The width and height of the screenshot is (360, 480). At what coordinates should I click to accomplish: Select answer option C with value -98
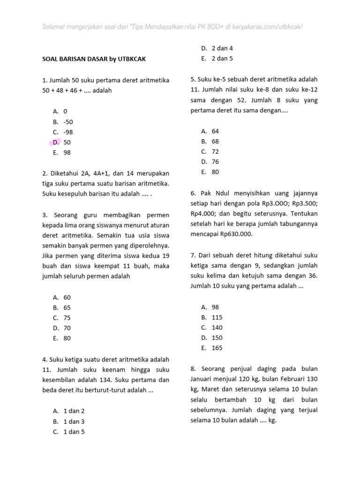click(63, 132)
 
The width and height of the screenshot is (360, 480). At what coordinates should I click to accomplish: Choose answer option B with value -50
click(63, 121)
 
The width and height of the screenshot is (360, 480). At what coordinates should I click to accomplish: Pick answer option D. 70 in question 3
click(62, 328)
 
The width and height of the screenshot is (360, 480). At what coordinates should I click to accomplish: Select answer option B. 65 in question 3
click(62, 307)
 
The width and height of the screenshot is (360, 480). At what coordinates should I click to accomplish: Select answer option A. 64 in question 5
click(210, 131)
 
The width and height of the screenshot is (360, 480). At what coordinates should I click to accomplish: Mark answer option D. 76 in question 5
click(210, 162)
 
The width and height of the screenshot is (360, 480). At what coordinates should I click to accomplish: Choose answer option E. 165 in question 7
click(212, 348)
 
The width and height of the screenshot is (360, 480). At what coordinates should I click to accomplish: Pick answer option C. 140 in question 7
click(212, 328)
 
